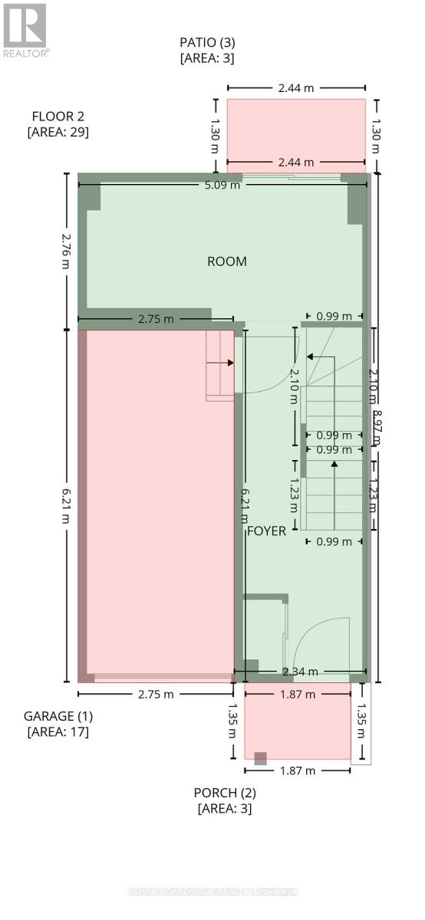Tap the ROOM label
coord(227,261)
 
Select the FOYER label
coord(266,531)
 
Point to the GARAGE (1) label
coord(58,716)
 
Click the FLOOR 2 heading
coord(58,117)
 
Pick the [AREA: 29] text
coord(58,132)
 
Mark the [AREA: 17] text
coord(58,731)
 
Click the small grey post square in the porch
coord(261,758)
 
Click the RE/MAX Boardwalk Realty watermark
coord(212,892)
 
